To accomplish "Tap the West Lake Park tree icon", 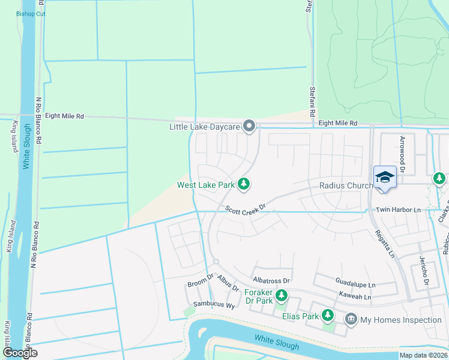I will (x=243, y=184).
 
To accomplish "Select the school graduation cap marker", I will (x=384, y=177).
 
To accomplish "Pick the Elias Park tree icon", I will (x=327, y=314).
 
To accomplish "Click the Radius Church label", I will (x=346, y=185).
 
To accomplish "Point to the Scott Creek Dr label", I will (x=246, y=209).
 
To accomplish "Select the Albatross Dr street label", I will (x=271, y=280).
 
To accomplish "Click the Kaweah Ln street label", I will (x=355, y=296).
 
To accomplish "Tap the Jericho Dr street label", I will (x=424, y=271).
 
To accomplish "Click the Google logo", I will (x=20, y=353).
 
